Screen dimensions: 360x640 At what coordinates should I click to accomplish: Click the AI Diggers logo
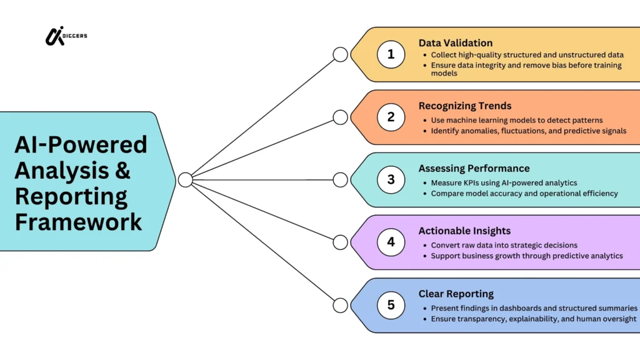(65, 36)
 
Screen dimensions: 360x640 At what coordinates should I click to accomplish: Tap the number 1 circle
(391, 54)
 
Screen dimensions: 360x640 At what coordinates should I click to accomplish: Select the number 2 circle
(391, 117)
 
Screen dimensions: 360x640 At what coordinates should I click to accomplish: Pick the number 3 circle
(391, 180)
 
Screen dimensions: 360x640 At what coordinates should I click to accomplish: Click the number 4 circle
(391, 242)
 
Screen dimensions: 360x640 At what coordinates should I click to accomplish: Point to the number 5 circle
(391, 305)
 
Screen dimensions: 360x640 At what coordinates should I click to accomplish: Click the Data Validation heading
(456, 43)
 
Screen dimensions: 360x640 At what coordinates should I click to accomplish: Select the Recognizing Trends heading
(465, 106)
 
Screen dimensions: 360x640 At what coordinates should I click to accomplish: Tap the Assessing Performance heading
(474, 168)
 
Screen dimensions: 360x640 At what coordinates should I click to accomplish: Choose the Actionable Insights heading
(464, 231)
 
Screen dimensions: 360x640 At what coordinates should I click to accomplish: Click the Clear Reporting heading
(456, 294)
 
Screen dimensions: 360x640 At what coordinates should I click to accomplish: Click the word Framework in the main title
(79, 222)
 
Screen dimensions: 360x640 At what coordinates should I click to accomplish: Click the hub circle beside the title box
(185, 180)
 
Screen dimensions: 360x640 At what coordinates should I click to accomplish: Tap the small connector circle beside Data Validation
(340, 54)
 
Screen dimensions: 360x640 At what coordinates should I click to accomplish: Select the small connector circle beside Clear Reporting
(340, 305)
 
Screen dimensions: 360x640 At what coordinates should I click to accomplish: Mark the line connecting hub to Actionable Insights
(262, 211)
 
